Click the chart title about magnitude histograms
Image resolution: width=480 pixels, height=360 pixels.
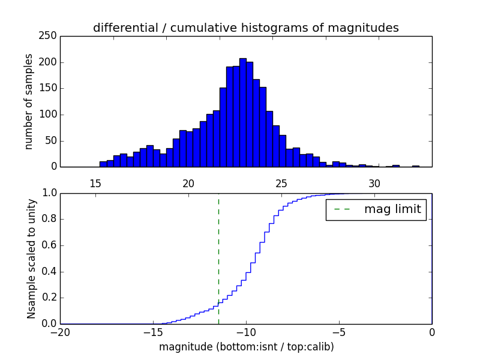point(245,28)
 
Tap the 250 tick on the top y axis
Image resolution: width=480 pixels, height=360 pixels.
point(50,36)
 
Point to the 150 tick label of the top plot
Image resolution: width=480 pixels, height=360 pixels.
point(50,89)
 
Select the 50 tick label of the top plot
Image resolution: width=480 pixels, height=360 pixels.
point(53,141)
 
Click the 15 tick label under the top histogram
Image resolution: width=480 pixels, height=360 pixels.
point(95,183)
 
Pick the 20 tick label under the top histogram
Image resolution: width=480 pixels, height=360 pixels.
point(188,183)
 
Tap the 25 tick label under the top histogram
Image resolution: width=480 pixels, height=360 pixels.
point(281,183)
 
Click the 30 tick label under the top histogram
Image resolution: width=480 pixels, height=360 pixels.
point(374,183)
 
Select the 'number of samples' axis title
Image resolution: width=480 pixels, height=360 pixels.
point(29,101)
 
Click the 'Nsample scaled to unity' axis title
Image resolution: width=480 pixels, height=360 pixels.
point(31,258)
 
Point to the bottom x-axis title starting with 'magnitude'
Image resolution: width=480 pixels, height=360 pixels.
point(246,347)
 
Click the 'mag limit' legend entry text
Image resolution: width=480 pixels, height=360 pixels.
point(392,209)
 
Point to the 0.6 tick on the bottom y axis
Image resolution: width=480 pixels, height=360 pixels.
point(50,245)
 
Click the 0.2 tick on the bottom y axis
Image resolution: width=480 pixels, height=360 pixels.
point(50,298)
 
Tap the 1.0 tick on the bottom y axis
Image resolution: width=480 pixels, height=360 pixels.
point(50,193)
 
